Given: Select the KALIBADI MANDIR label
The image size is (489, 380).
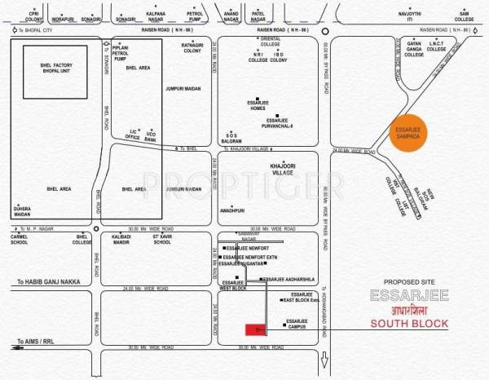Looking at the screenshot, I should [119, 239].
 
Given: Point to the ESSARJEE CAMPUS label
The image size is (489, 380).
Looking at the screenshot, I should [297, 324].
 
